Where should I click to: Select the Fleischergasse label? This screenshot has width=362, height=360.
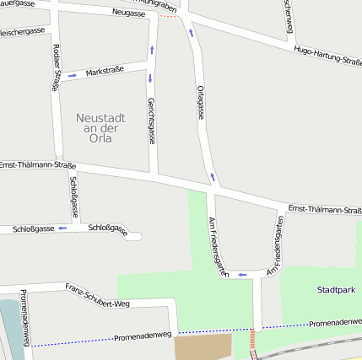pyautogui.click(x=22, y=31)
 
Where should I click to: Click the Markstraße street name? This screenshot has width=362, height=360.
pyautogui.click(x=105, y=72)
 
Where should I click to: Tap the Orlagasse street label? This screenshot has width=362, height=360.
pyautogui.click(x=200, y=101)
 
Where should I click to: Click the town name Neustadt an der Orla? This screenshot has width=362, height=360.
pyautogui.click(x=100, y=129)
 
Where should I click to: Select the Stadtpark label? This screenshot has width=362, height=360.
pyautogui.click(x=336, y=290)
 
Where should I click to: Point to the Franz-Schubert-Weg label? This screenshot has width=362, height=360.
pyautogui.click(x=98, y=295)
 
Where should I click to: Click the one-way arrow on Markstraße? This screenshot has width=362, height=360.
pyautogui.click(x=73, y=76)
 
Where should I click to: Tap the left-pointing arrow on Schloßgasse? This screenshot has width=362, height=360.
pyautogui.click(x=62, y=228)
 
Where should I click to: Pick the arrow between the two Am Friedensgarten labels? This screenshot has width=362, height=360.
pyautogui.click(x=242, y=274)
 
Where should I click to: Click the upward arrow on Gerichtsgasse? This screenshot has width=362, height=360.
pyautogui.click(x=152, y=50)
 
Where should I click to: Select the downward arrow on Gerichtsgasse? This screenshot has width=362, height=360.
pyautogui.click(x=150, y=79)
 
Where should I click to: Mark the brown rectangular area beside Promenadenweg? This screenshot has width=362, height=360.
pyautogui.click(x=203, y=346)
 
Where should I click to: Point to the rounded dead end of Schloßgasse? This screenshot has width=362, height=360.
pyautogui.click(x=136, y=236)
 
